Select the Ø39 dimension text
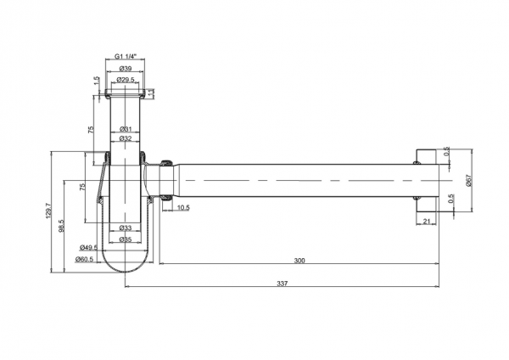pos(125,68)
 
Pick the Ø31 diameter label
pos(125,128)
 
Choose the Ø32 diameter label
pos(125,138)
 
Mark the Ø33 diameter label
pos(125,228)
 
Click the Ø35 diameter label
pos(125,239)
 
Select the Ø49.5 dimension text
pos(88,248)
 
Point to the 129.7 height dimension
pos(48,212)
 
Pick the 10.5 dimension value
pos(183,206)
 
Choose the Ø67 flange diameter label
pos(468,180)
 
